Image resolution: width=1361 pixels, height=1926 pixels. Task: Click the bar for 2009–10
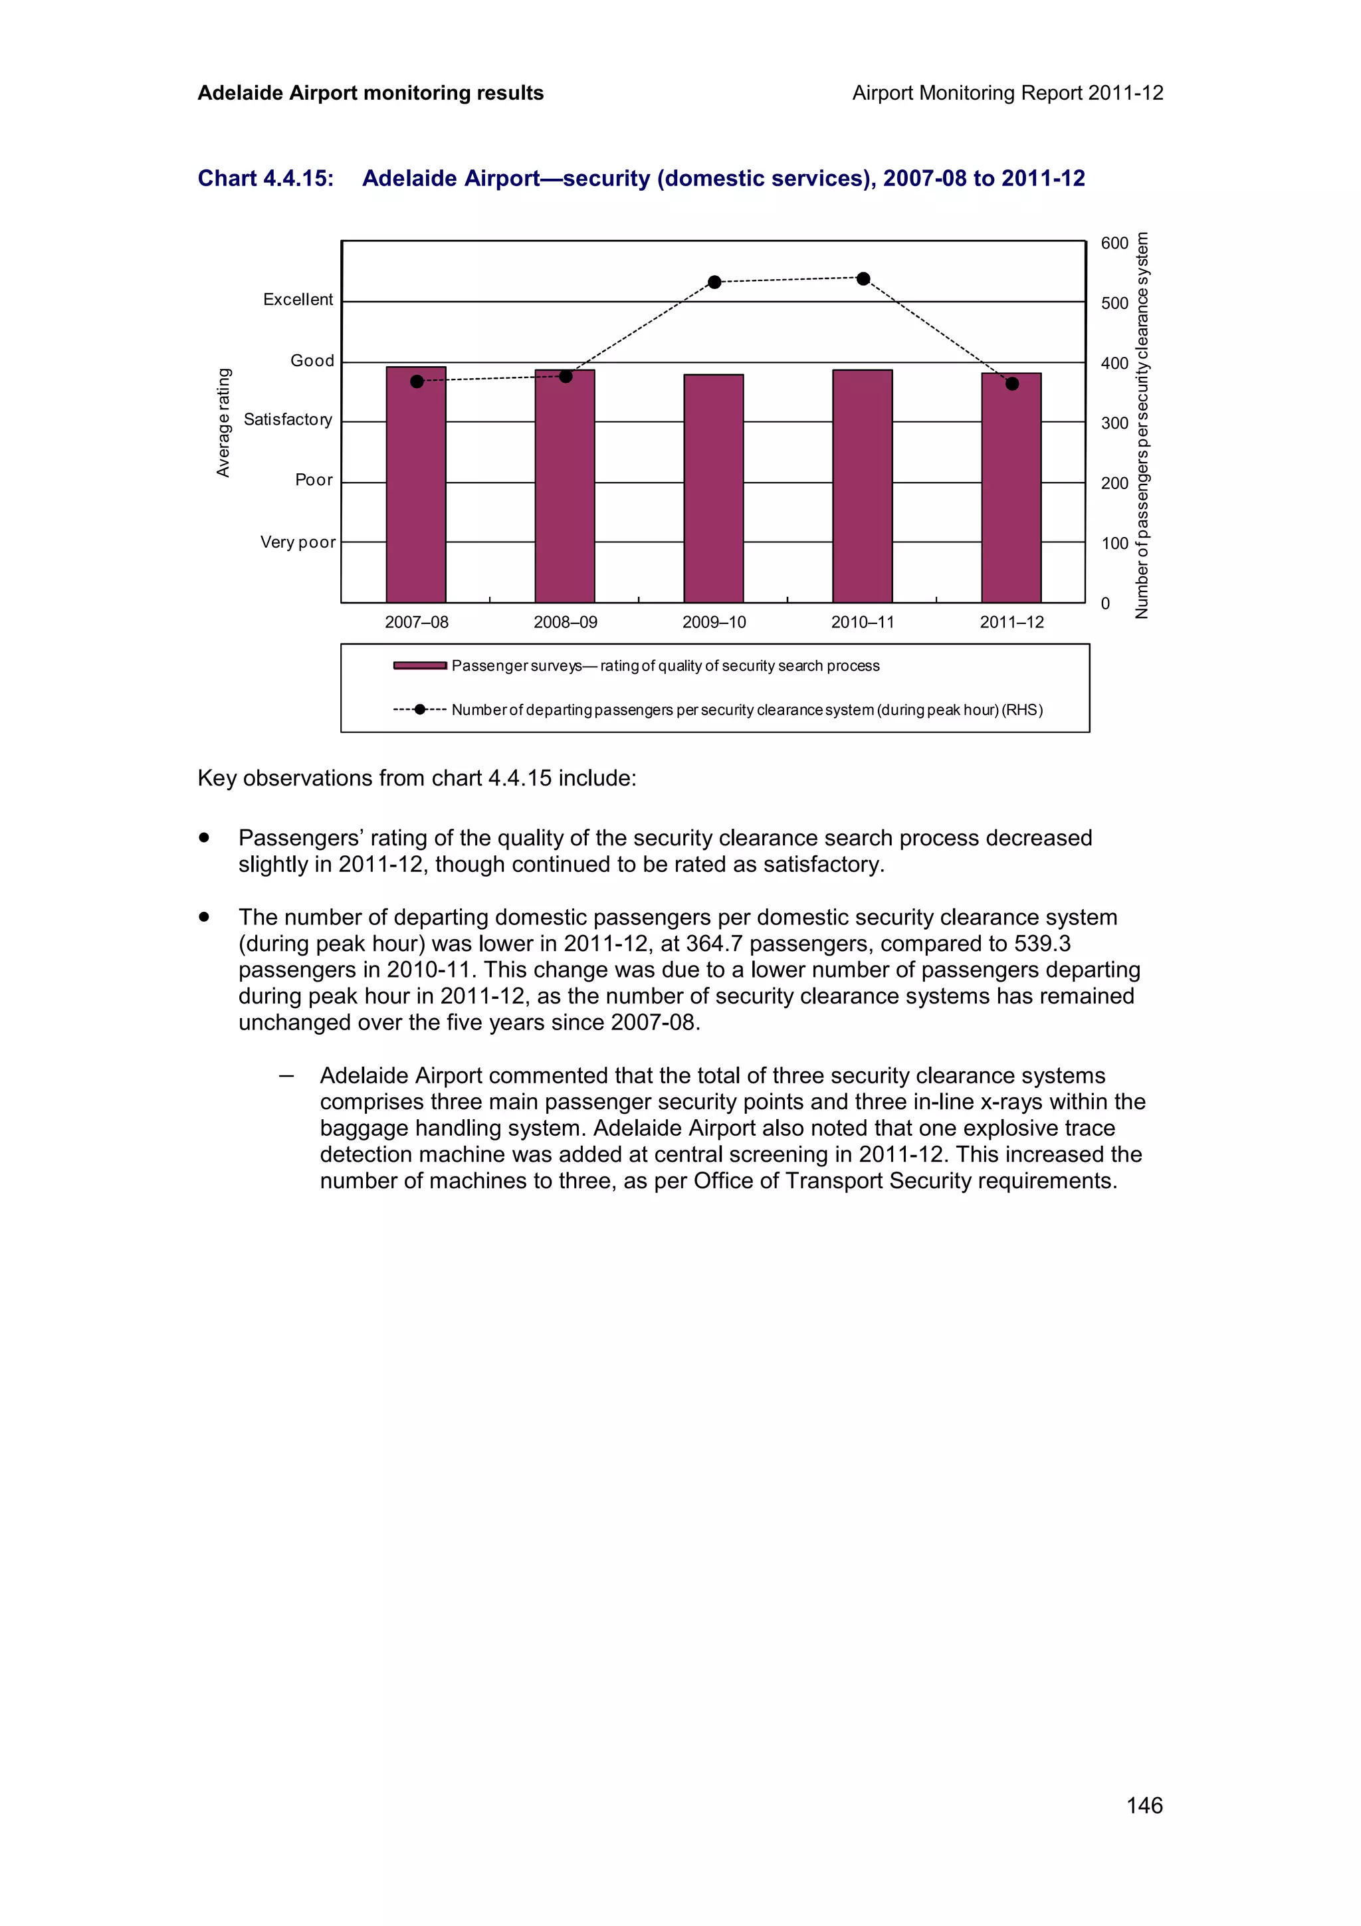click(714, 488)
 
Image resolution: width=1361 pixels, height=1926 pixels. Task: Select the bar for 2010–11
click(862, 486)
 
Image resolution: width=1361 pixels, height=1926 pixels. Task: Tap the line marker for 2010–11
click(863, 278)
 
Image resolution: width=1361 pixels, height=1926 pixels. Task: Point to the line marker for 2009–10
click(714, 282)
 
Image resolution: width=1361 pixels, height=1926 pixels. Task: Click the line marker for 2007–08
click(417, 381)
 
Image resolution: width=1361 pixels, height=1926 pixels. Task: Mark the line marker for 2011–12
click(1012, 383)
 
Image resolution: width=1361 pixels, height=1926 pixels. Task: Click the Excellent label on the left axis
click(298, 300)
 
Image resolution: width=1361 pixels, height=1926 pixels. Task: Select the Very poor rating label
click(298, 542)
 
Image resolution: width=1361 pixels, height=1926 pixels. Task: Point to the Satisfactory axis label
click(288, 419)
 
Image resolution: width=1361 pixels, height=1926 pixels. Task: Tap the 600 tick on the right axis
click(1114, 243)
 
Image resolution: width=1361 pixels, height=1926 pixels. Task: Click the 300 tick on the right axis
click(1114, 423)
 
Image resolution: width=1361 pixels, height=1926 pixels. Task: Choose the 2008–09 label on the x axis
click(565, 623)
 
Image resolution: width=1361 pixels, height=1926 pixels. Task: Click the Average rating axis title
click(223, 422)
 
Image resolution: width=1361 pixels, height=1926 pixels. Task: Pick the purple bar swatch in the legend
click(420, 665)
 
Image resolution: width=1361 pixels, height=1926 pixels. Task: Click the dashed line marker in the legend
click(420, 710)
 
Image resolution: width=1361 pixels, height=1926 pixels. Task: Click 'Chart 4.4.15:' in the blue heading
click(266, 179)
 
